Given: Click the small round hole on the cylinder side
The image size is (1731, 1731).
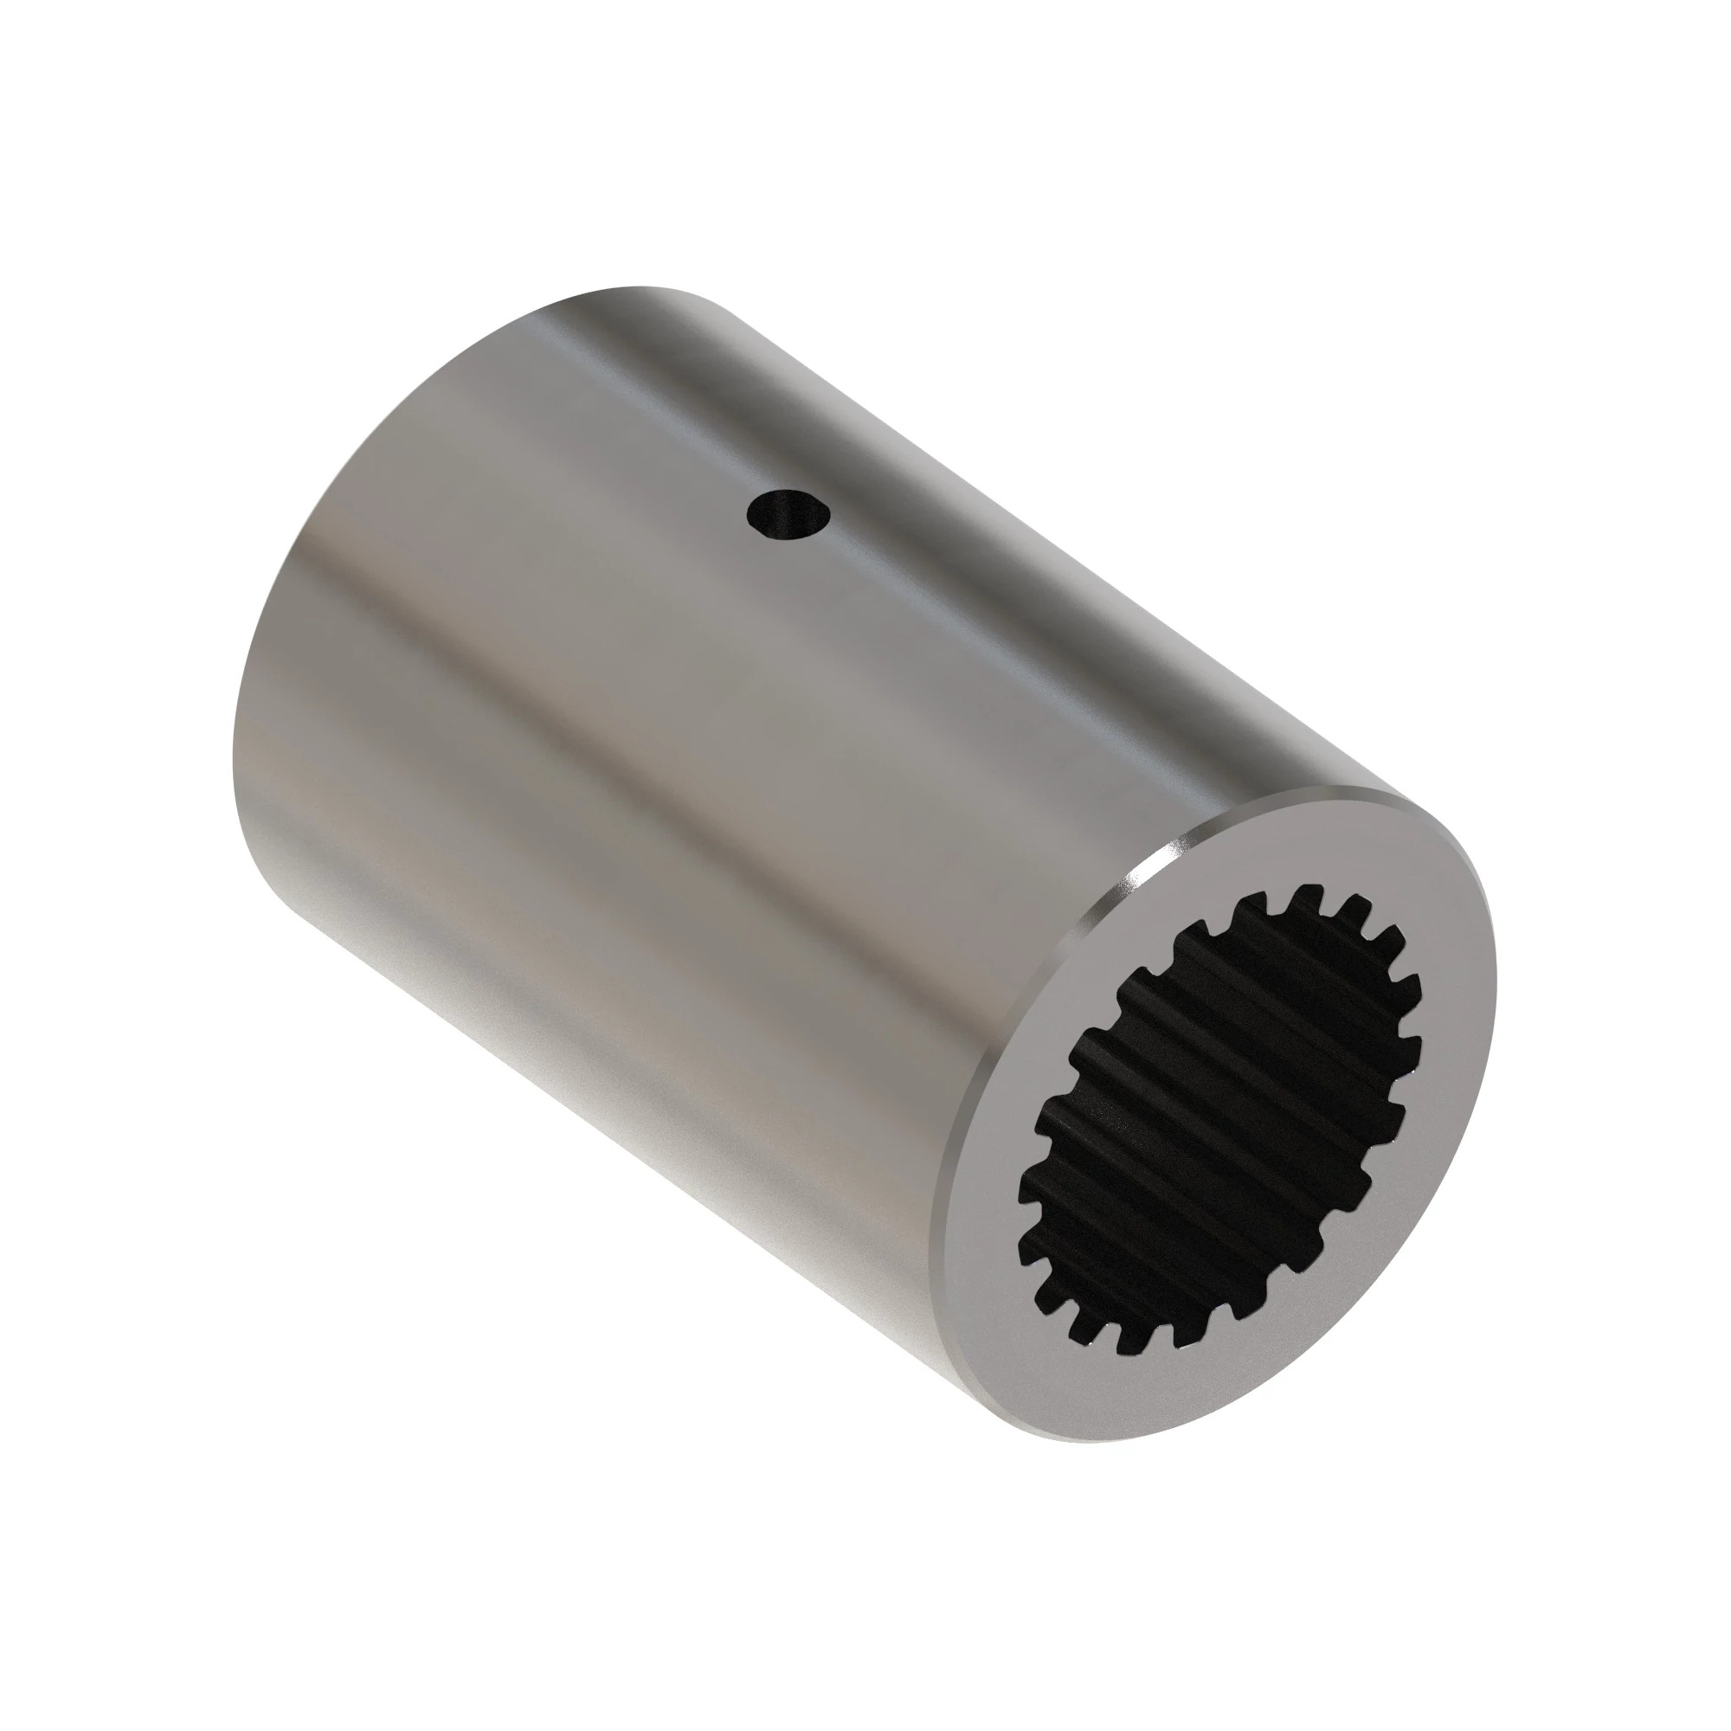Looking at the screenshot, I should [788, 516].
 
